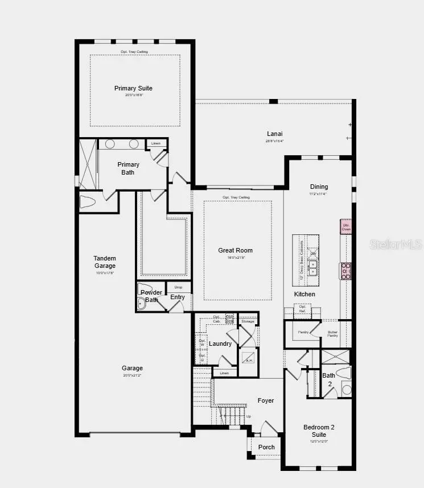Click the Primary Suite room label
point(133,88)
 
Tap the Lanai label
point(274,134)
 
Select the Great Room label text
point(235,250)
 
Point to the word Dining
point(319,187)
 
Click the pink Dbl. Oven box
point(346,226)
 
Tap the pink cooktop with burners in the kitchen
point(345,271)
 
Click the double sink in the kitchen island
point(312,268)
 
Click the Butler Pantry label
point(332,334)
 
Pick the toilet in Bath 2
point(344,373)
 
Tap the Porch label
point(266,447)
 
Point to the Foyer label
point(266,400)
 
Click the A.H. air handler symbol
point(248,359)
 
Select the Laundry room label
point(220,344)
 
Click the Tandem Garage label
point(105,262)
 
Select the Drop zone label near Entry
point(178,287)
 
